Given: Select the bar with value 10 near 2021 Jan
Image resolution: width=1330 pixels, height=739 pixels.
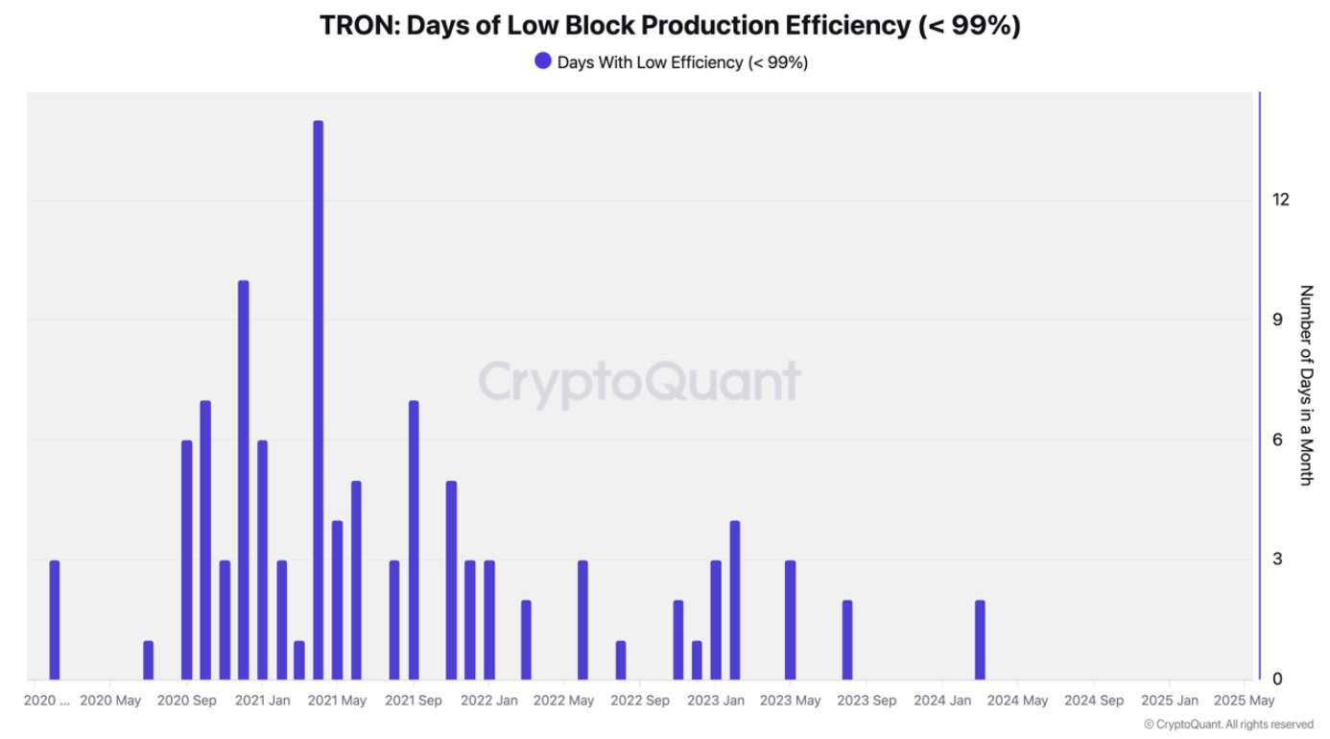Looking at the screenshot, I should click(x=243, y=480).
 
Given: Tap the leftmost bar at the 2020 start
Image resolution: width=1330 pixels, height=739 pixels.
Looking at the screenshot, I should click(x=54, y=620).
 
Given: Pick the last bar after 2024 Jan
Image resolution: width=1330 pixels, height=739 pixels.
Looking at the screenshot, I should click(x=980, y=640).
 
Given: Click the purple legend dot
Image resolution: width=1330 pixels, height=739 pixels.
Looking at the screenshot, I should click(x=543, y=61).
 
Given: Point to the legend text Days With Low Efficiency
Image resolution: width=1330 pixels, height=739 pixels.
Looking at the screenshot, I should click(x=682, y=62).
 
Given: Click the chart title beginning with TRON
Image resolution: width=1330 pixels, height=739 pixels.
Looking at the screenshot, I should click(x=669, y=26).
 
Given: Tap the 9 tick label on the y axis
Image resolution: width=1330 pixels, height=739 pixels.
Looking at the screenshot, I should click(x=1277, y=320).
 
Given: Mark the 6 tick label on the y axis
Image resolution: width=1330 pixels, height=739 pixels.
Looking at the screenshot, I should click(x=1277, y=440).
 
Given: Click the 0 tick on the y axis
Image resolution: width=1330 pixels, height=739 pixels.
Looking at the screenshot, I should click(x=1277, y=679).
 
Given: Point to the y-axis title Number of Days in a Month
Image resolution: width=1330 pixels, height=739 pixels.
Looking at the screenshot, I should click(x=1305, y=385).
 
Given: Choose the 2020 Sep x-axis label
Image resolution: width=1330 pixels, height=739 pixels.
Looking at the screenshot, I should click(x=186, y=702).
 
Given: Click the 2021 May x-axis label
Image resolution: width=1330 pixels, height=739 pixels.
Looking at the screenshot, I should click(x=338, y=702).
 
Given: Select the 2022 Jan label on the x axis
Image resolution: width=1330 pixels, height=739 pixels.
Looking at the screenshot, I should click(x=489, y=702).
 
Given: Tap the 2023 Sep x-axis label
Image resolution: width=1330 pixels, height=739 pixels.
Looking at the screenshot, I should click(x=867, y=702).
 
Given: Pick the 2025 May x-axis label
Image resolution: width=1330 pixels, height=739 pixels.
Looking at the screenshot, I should click(x=1245, y=702).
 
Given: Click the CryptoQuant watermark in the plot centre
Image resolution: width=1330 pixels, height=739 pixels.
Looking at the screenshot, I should click(x=639, y=381).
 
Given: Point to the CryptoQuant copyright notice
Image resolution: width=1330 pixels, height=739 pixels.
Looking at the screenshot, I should click(x=1228, y=725).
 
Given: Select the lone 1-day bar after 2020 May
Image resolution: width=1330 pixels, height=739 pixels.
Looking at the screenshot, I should click(x=148, y=660).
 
